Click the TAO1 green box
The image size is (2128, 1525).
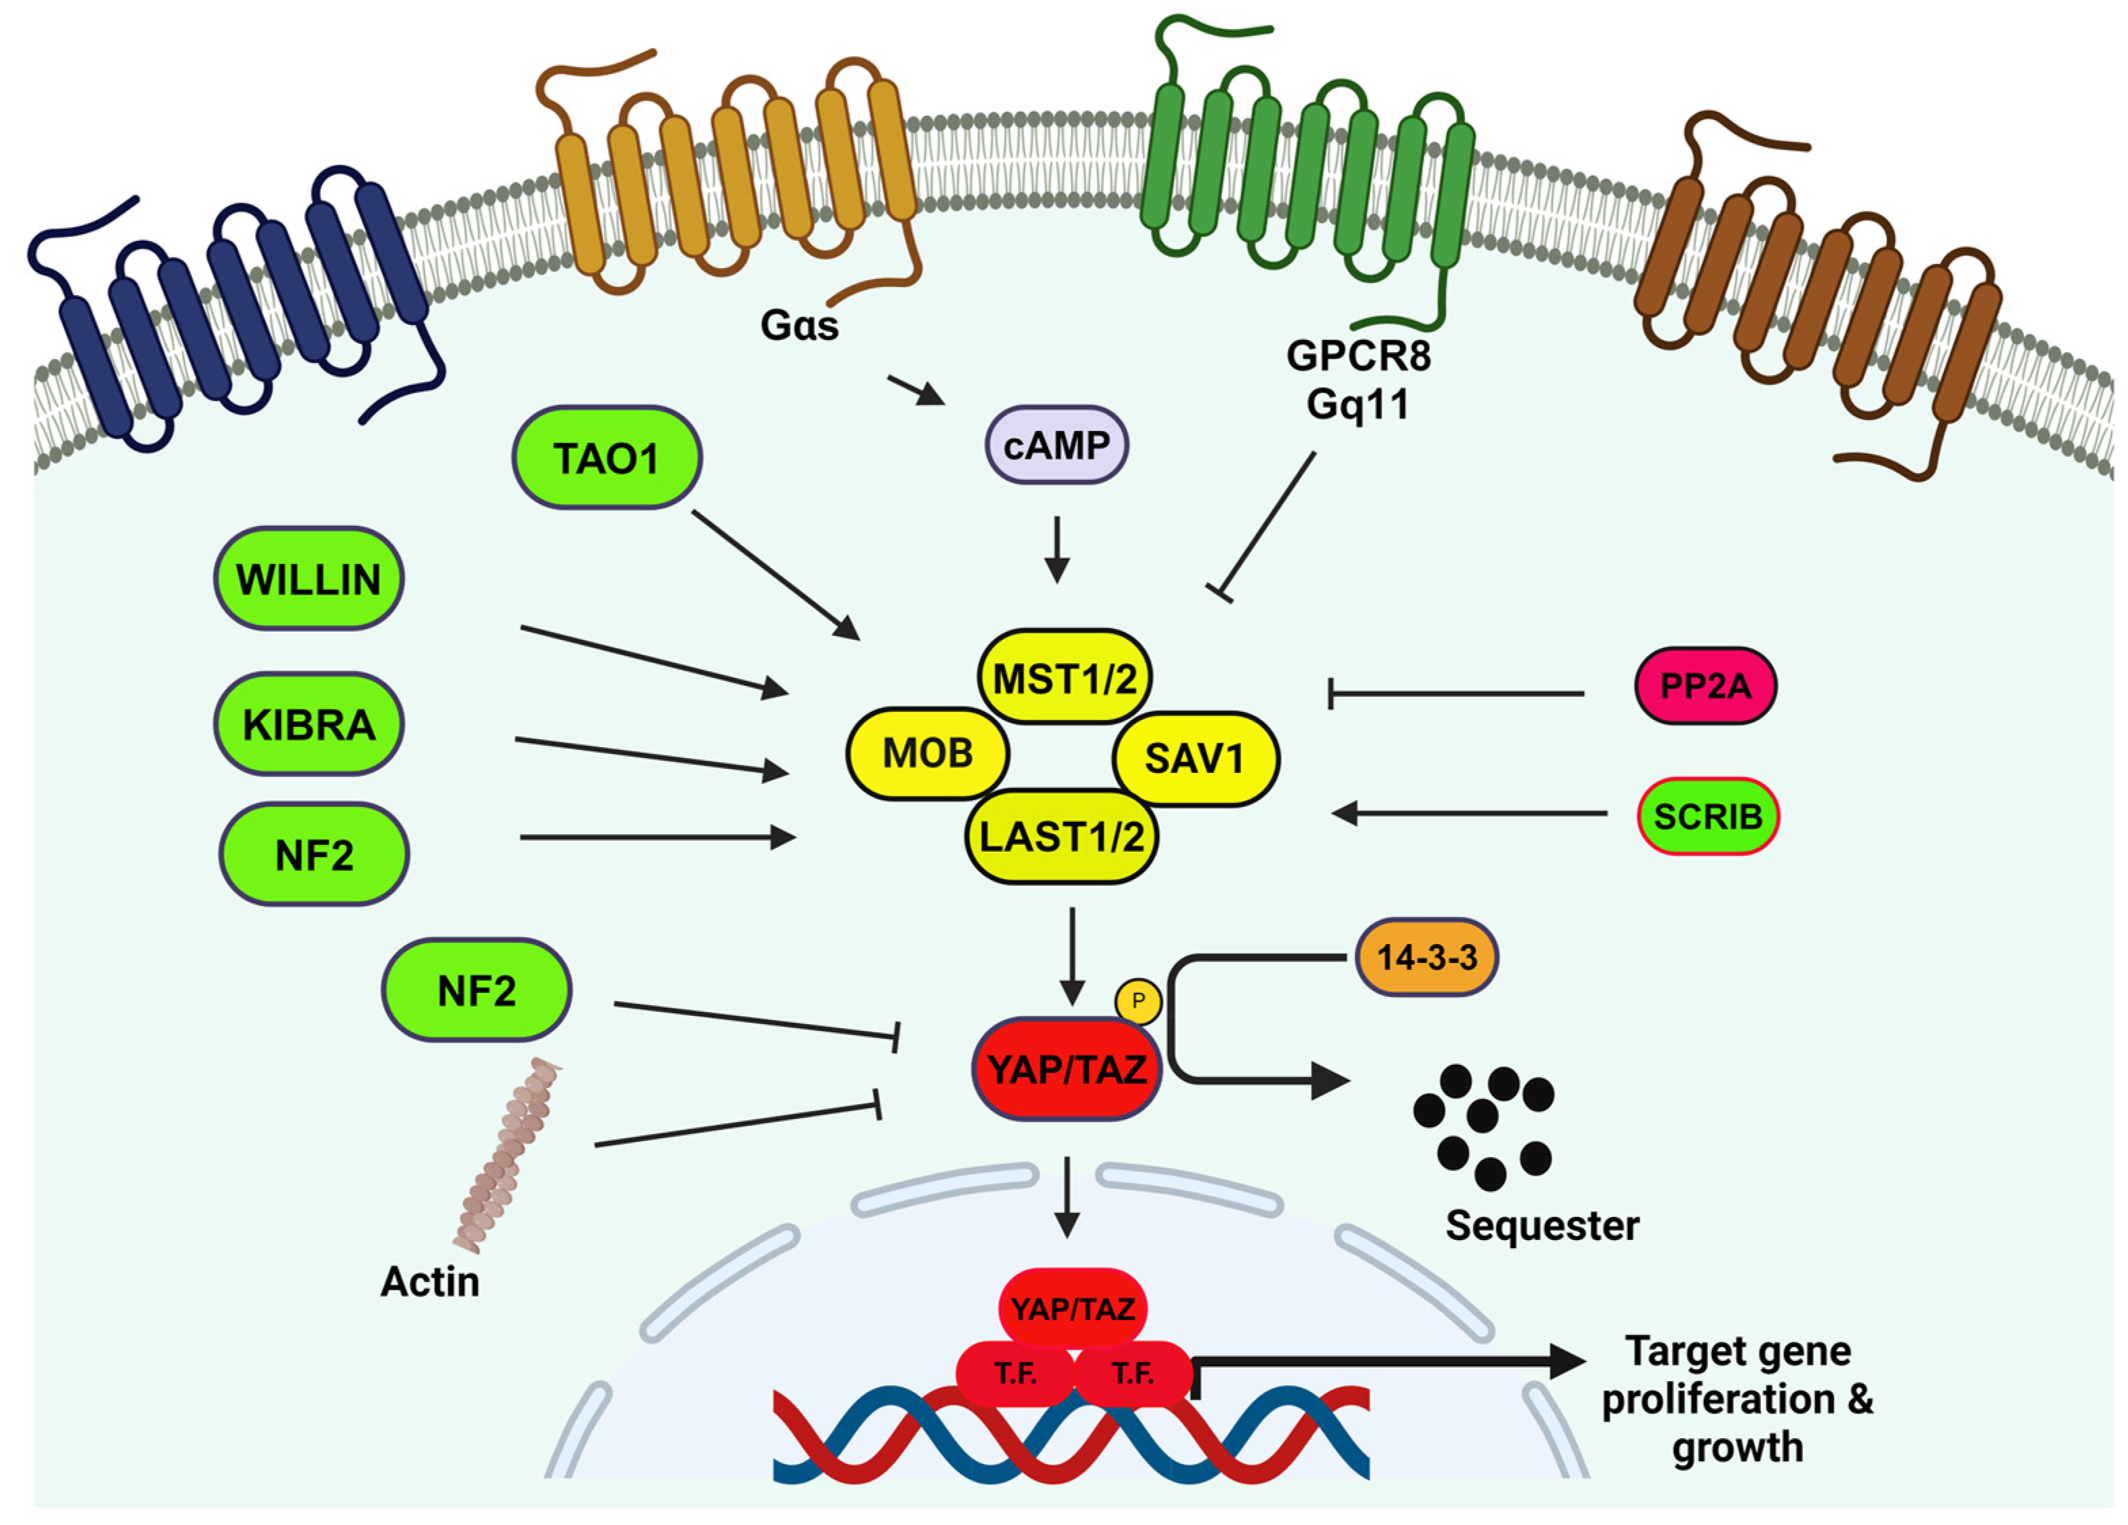pyautogui.click(x=606, y=458)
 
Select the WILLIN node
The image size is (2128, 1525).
pyautogui.click(x=309, y=579)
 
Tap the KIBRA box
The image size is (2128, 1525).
pyautogui.click(x=309, y=724)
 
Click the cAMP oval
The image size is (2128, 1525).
pyautogui.click(x=1057, y=445)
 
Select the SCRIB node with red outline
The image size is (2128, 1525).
pyautogui.click(x=1708, y=816)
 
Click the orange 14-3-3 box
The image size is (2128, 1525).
pyautogui.click(x=1426, y=957)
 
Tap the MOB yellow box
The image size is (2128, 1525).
pyautogui.click(x=927, y=753)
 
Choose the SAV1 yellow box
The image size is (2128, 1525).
pyautogui.click(x=1194, y=758)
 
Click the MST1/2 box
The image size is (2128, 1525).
pyautogui.click(x=1065, y=677)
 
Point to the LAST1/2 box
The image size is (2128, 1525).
pyautogui.click(x=1061, y=836)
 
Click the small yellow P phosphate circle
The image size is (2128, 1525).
pyautogui.click(x=1138, y=1001)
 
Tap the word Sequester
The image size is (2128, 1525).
pyautogui.click(x=1542, y=1226)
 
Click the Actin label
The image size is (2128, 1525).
pyautogui.click(x=430, y=1281)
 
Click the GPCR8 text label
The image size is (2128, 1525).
pyautogui.click(x=1358, y=356)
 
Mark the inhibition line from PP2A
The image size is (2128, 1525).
pyautogui.click(x=1454, y=694)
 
